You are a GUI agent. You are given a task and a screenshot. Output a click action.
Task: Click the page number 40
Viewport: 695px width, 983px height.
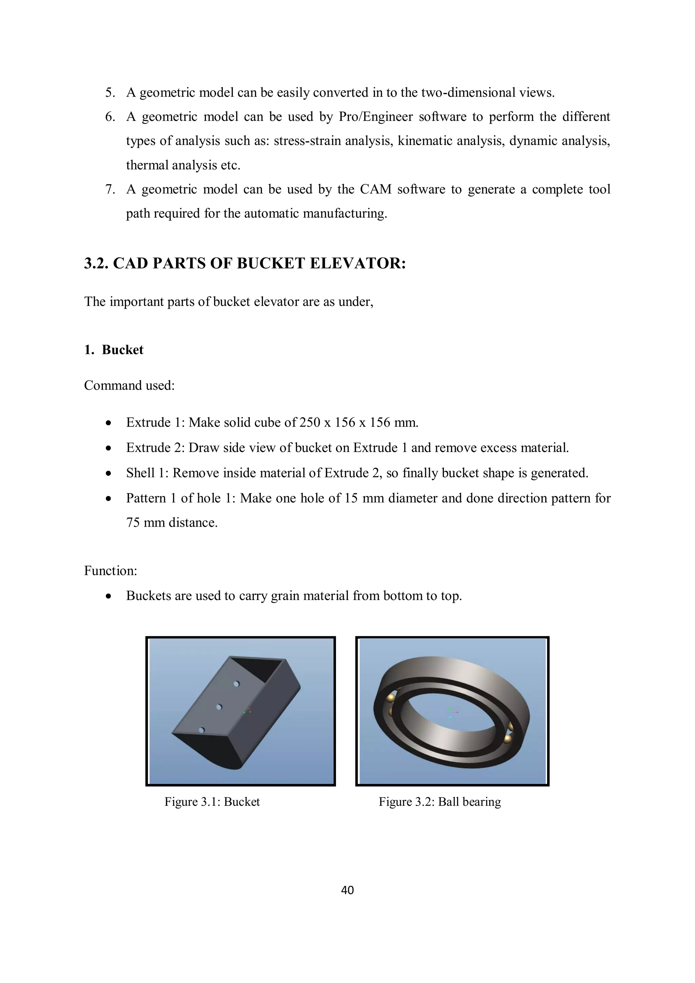pos(347,890)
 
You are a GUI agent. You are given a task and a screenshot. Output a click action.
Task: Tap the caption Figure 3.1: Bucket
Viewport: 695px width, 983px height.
pos(212,801)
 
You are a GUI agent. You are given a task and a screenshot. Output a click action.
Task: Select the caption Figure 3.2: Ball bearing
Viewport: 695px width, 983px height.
pos(439,801)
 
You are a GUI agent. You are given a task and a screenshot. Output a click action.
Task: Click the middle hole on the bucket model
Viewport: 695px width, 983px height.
pos(219,707)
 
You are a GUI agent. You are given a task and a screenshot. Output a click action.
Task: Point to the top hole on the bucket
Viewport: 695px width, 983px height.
pos(236,684)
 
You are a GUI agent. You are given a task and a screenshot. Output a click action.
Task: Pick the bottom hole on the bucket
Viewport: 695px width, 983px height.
pos(202,730)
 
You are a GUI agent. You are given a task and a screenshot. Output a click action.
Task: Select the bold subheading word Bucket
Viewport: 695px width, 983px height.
pos(123,350)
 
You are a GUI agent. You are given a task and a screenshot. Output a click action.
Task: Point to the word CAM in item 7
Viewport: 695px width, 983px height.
pos(375,189)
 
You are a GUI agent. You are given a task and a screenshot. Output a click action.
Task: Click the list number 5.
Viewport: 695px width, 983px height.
pos(110,92)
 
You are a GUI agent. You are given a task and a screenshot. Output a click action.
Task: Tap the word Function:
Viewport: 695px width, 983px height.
pos(110,571)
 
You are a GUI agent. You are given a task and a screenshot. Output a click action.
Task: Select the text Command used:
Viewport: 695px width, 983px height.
pos(129,385)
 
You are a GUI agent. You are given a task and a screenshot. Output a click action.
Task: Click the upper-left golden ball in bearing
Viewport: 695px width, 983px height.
pos(391,698)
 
